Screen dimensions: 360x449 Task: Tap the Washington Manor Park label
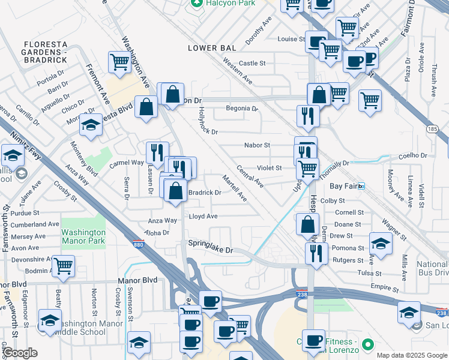coord(83,236)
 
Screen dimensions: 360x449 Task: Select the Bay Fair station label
coord(351,186)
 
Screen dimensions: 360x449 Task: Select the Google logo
coord(19,353)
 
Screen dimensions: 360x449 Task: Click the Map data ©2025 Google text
coord(412,355)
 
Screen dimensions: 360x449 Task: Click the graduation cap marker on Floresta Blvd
coord(91,124)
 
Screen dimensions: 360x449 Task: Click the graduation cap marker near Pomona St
coord(381,243)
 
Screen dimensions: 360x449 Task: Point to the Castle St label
coord(252,63)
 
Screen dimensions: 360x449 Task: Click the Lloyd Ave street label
coord(203,216)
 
